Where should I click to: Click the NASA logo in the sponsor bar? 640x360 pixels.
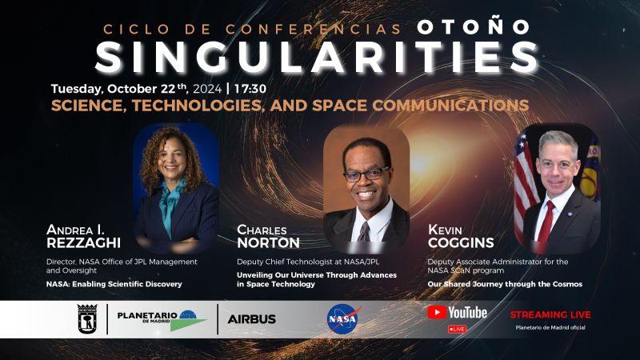343,319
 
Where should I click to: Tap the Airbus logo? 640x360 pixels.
251,319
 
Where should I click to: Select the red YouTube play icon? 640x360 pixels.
437,313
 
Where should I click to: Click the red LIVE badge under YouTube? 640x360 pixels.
457,329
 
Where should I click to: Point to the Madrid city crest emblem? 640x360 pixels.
87,318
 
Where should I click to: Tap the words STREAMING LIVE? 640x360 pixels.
550,314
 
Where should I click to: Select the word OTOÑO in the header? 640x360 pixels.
474,28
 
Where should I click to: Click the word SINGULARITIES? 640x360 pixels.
317,58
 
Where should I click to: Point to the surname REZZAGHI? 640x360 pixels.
84,243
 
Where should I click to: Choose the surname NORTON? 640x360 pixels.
268,243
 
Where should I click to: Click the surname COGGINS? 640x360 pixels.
461,243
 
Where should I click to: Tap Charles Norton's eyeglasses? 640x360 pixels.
366,174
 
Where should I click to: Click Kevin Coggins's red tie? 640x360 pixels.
545,226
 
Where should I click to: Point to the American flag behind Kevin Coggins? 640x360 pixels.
525,186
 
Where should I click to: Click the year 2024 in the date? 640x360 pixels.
207,89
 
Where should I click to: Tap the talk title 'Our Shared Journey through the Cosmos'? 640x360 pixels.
505,284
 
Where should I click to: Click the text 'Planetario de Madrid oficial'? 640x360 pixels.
550,327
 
